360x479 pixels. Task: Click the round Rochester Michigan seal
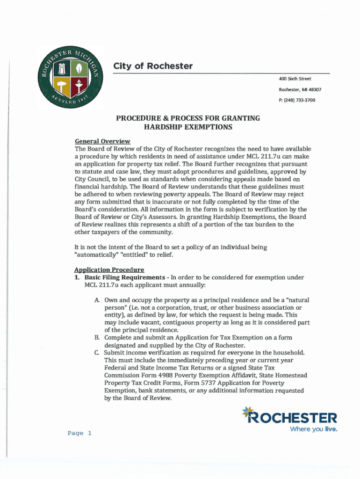click(x=70, y=77)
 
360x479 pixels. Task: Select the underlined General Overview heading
click(x=102, y=141)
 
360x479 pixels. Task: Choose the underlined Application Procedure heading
click(x=109, y=270)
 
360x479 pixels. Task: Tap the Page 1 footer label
click(x=79, y=433)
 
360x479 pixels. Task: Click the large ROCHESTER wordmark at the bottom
click(x=293, y=418)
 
